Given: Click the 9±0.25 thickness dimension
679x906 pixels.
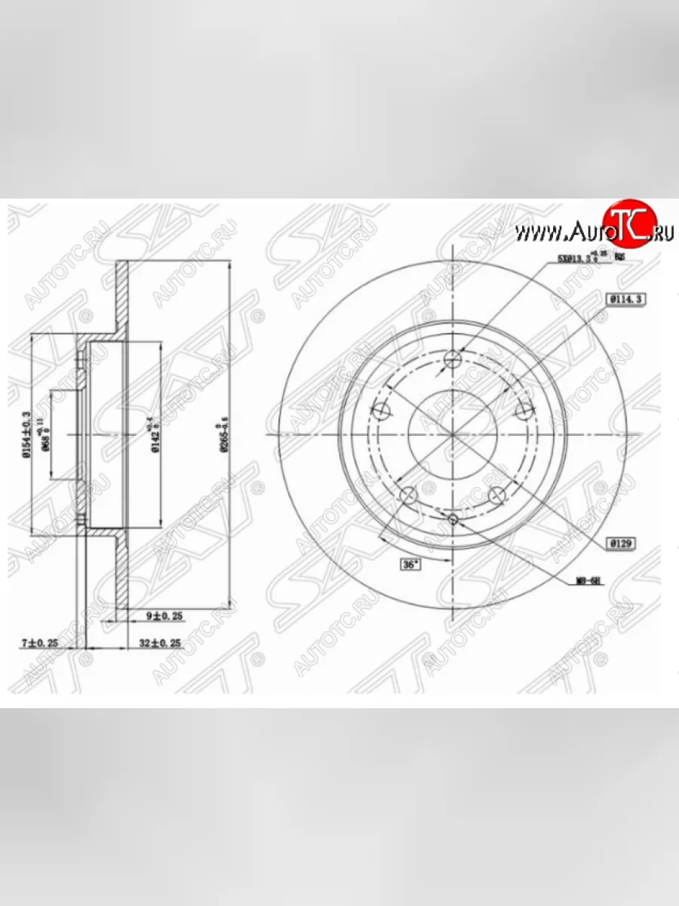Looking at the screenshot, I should [165, 616].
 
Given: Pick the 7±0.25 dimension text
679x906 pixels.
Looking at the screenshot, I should [39, 643].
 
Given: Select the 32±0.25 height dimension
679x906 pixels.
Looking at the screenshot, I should [160, 643].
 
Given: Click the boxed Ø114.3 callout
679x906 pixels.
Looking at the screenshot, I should [623, 299].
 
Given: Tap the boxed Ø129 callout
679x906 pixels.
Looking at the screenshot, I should [622, 543].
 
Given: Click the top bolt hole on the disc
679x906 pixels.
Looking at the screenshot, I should [453, 359].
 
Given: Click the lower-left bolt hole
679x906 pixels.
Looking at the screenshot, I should [408, 496].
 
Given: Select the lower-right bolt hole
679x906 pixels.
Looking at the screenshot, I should [497, 496].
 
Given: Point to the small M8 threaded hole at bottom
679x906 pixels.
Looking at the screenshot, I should [453, 519].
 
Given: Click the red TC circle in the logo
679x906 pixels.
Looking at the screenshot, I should [626, 224].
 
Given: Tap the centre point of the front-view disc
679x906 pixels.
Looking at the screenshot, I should [453, 435].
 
